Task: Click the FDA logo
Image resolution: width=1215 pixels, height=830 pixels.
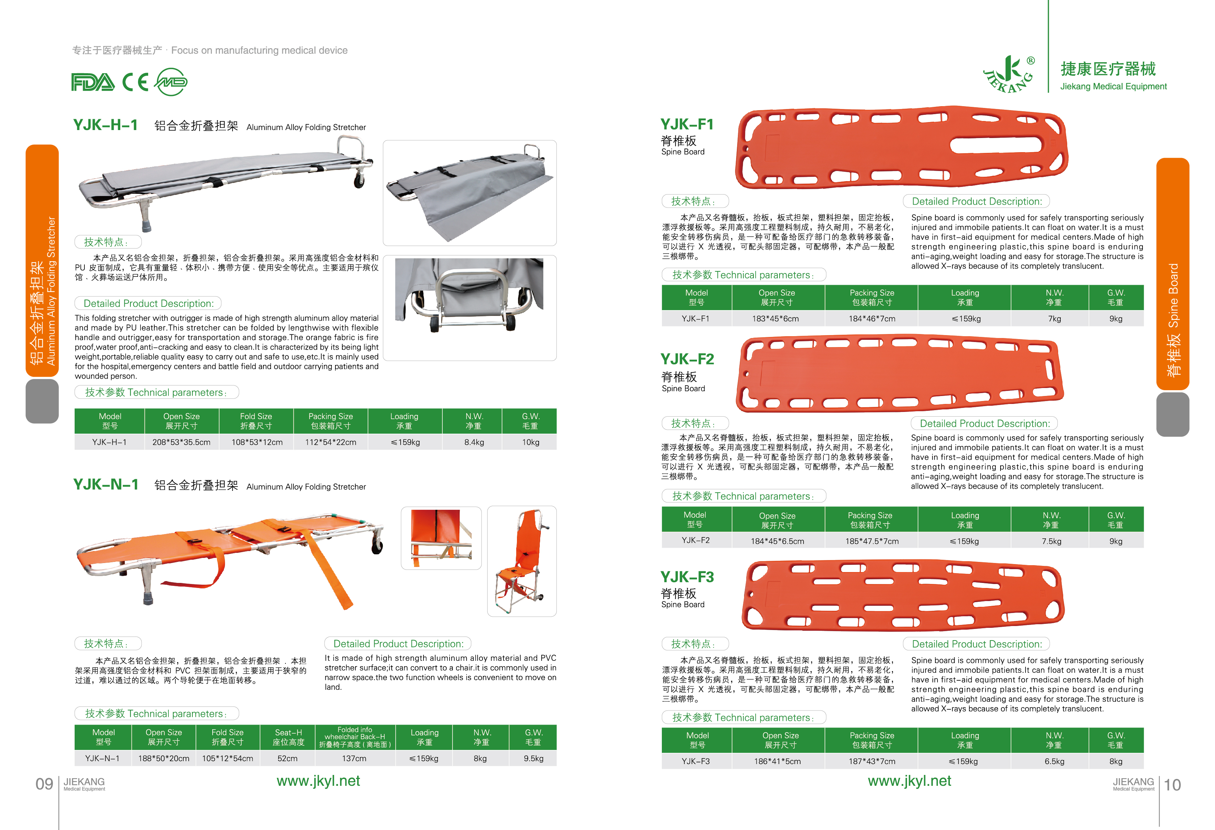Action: click(x=92, y=82)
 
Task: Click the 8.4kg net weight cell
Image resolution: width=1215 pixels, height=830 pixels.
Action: click(x=474, y=442)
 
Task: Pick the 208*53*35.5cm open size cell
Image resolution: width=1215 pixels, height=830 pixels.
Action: click(x=181, y=442)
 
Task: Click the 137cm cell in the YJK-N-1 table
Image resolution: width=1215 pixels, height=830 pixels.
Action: click(x=354, y=758)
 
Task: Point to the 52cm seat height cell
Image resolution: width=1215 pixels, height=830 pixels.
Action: click(x=288, y=758)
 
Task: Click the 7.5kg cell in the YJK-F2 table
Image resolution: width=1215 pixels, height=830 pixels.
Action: click(x=1051, y=541)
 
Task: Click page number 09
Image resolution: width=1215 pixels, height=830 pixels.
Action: click(x=45, y=784)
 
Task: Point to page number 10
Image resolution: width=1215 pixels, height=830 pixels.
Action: click(x=1173, y=784)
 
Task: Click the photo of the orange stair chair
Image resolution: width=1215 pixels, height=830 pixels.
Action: click(x=522, y=561)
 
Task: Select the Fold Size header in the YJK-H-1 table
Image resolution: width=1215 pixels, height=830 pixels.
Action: click(x=256, y=421)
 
